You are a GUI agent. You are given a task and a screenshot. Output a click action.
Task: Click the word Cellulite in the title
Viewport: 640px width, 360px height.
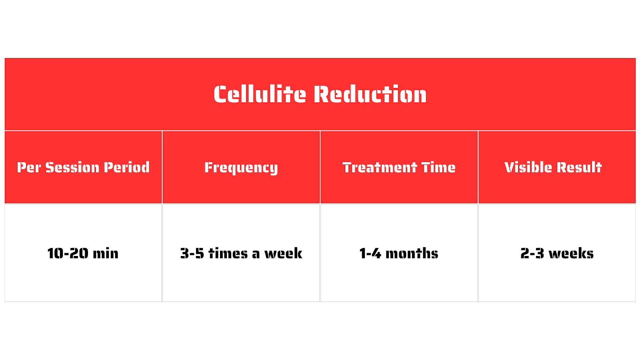[x=260, y=94]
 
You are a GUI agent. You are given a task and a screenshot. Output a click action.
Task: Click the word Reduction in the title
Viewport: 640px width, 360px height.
[x=370, y=94]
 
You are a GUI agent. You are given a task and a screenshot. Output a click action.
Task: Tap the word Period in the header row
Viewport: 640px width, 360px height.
[x=126, y=167]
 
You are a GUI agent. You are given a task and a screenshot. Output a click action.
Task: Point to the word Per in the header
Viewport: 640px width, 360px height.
[x=28, y=167]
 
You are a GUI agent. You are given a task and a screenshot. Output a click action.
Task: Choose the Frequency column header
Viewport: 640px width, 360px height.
[x=241, y=168]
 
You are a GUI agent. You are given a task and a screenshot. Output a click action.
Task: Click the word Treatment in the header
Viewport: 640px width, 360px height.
[x=380, y=167]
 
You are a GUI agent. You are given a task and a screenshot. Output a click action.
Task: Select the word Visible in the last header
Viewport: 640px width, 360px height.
[x=528, y=167]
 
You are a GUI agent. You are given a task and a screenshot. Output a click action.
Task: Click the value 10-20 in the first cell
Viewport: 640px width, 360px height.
[x=68, y=254]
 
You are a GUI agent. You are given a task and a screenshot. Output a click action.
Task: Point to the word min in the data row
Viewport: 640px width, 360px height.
[x=106, y=254]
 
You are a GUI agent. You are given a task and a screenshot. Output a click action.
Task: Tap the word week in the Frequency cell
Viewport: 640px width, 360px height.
[x=283, y=254]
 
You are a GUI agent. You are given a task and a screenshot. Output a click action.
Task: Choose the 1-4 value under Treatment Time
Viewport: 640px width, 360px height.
[x=370, y=254]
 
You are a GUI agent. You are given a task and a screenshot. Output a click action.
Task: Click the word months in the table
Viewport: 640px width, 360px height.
[x=412, y=254]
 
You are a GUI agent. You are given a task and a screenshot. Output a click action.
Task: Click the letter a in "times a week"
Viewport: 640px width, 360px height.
[x=256, y=254]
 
